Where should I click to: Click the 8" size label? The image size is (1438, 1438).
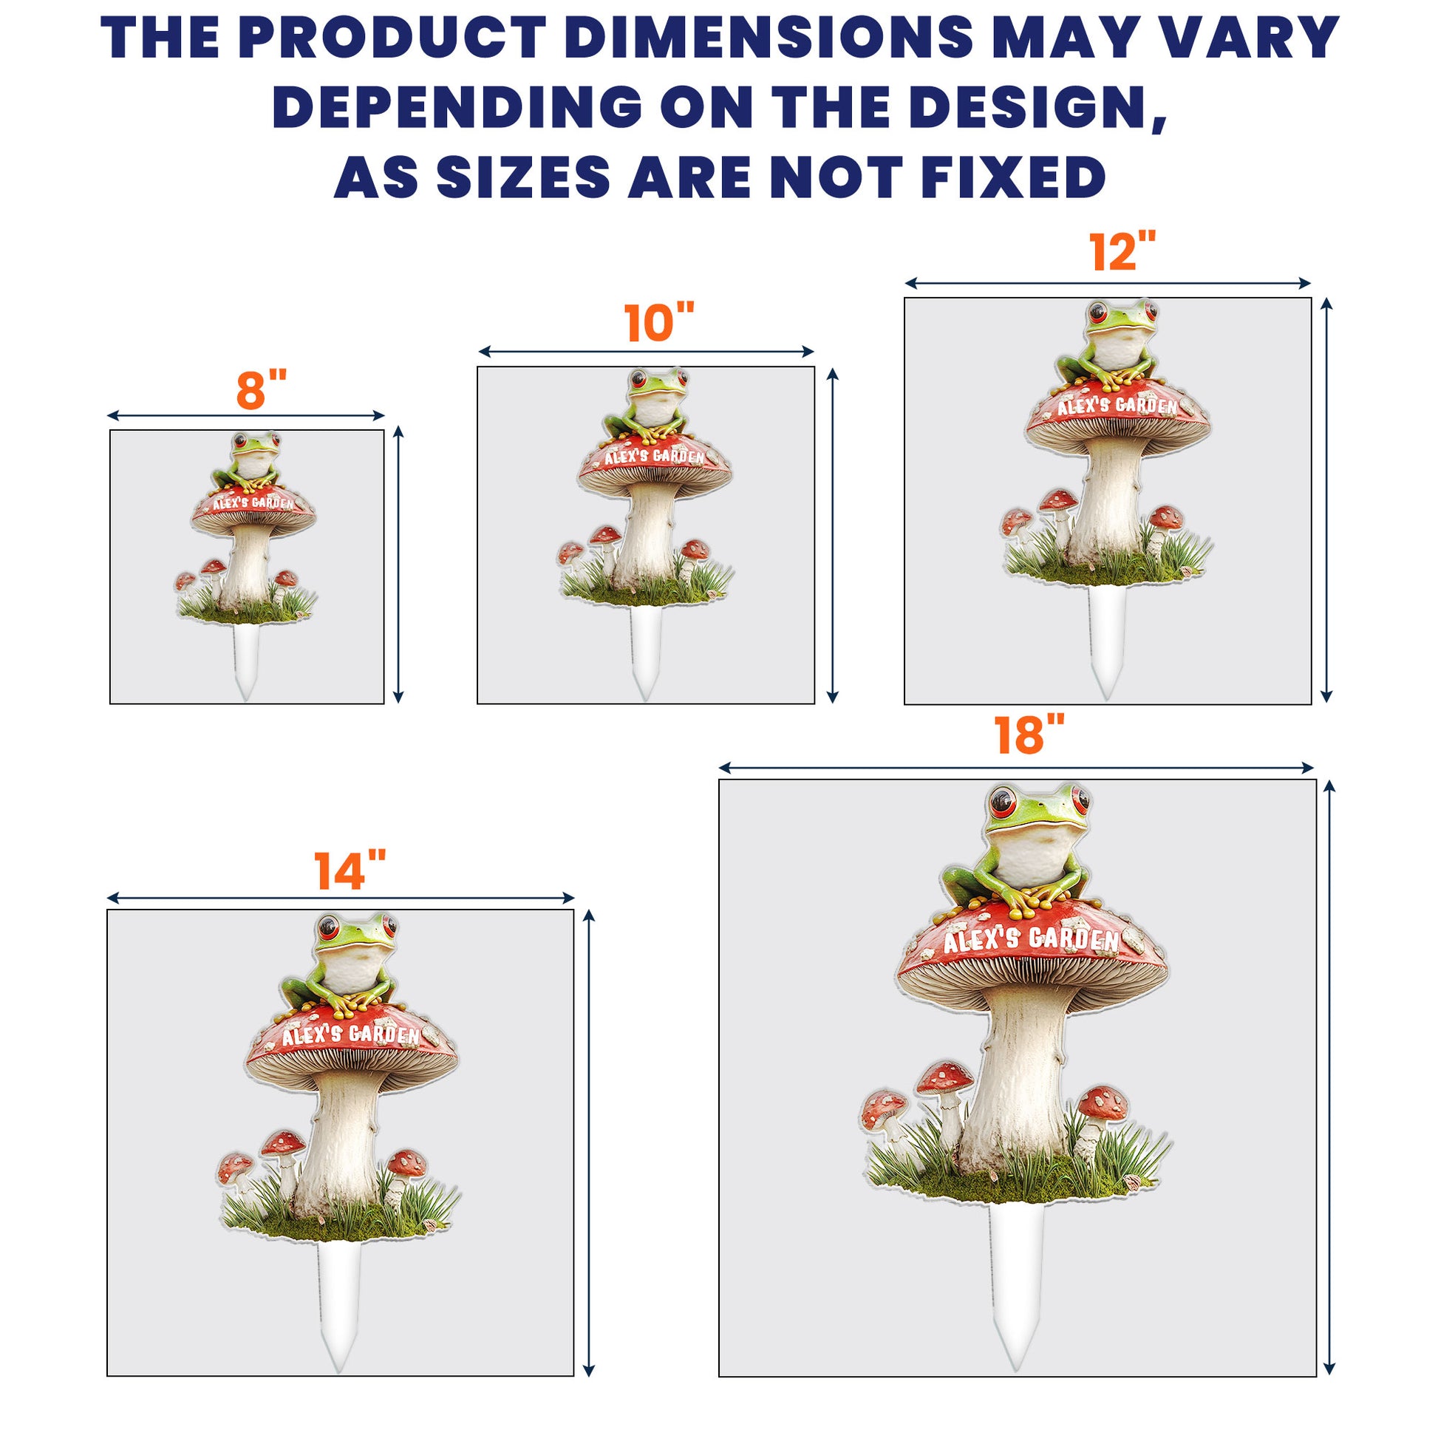click(262, 389)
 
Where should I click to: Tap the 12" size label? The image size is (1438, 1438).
click(1124, 251)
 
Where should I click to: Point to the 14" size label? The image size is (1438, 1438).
click(350, 870)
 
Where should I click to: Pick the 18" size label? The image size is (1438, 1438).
click(1029, 735)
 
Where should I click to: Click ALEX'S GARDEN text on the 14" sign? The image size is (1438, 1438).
click(350, 1035)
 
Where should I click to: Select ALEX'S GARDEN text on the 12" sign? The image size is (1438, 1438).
click(1117, 406)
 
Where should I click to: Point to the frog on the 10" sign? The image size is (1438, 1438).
click(647, 406)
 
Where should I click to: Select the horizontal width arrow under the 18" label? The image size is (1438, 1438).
click(1017, 767)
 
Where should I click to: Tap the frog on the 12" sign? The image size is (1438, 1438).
click(1108, 345)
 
